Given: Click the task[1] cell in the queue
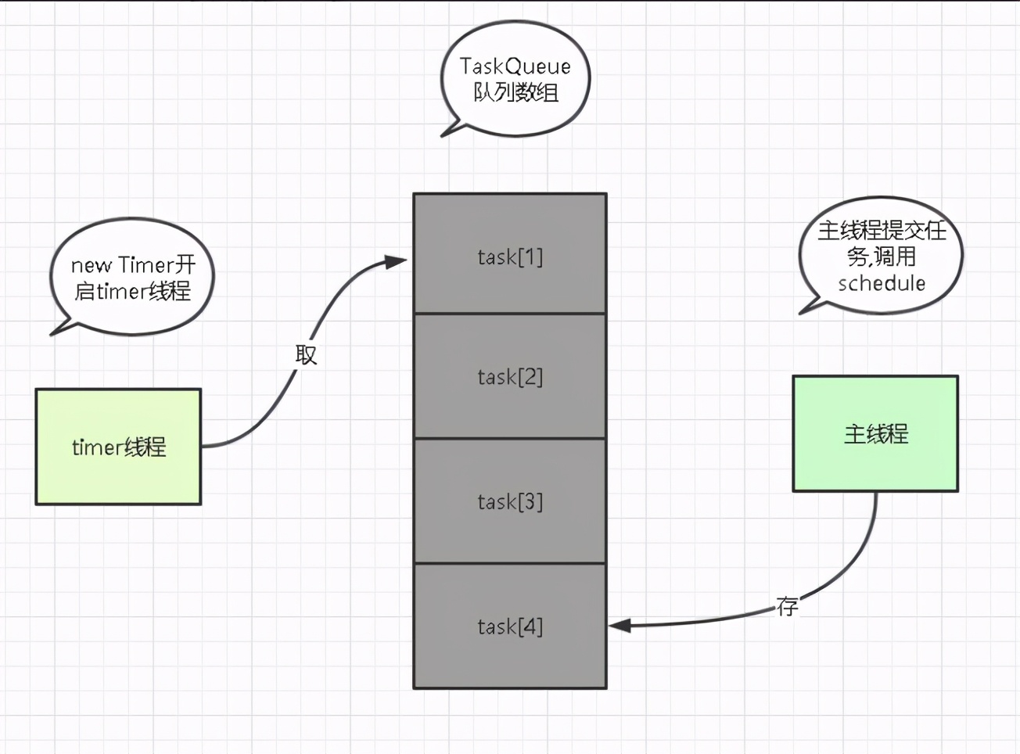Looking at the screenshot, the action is tap(509, 254).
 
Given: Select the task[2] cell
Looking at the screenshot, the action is tap(509, 376).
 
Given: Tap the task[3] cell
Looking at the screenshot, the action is tap(509, 501).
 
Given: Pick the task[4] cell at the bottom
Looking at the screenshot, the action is tap(509, 626).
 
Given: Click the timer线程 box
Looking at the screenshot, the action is tap(119, 447).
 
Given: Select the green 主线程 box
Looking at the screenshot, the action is tap(875, 433).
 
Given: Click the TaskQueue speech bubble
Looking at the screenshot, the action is tap(515, 78).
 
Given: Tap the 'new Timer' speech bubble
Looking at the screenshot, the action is tap(132, 277).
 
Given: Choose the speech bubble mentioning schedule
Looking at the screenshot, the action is tap(881, 256).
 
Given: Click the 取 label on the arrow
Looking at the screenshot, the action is tap(306, 355).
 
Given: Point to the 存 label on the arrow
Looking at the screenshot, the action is tap(788, 606).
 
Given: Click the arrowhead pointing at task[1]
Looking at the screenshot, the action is tap(396, 262).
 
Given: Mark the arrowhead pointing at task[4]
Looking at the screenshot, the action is tap(620, 626).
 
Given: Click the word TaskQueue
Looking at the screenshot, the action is tap(515, 66).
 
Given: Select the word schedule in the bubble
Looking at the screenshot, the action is tap(881, 283).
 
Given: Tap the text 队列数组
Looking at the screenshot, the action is tap(515, 93).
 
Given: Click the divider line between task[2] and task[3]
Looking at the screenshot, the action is tap(509, 439).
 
